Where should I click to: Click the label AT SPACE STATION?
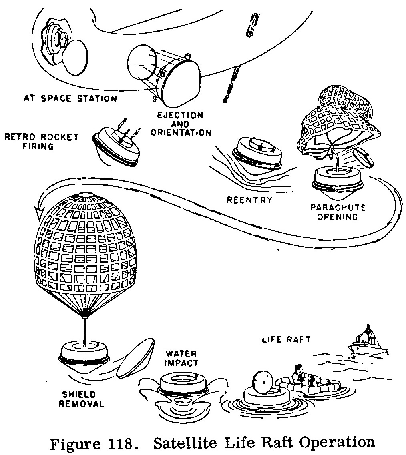(x=70, y=98)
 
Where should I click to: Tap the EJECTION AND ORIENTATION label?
(x=181, y=124)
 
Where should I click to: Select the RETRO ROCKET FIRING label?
(x=41, y=141)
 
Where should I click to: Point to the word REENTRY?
(x=249, y=200)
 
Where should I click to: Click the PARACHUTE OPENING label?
(x=338, y=212)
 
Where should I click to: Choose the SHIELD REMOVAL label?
(x=81, y=399)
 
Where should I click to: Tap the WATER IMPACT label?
(x=181, y=358)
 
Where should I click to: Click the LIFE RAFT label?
(x=286, y=339)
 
